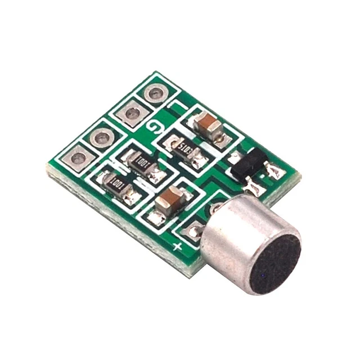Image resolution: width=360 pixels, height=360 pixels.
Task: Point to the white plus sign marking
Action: (178, 246)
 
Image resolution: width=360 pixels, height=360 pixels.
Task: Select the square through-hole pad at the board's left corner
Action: (78, 158)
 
